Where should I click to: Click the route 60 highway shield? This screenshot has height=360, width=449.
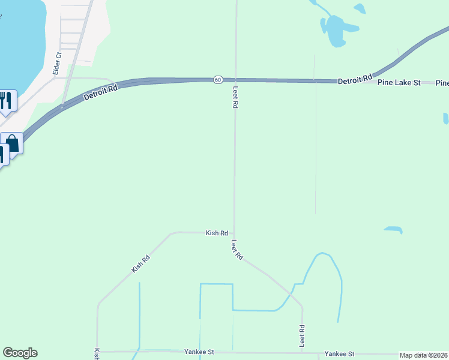218,79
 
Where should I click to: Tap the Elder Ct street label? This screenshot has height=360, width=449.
58,63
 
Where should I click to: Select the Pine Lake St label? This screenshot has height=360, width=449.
399,82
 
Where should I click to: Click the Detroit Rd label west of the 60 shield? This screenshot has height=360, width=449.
101,92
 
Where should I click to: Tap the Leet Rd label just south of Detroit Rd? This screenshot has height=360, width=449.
235,96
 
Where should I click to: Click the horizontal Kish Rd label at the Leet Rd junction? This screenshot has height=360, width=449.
217,233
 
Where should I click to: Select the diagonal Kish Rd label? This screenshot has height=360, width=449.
140,264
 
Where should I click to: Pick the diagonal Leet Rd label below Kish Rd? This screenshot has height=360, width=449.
237,250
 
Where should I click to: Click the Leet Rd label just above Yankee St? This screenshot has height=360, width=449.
302,336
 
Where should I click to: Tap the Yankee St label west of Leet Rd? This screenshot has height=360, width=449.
199,352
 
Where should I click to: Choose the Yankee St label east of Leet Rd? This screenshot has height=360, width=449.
339,354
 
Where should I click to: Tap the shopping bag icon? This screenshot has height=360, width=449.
12,144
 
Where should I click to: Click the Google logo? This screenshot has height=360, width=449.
20,353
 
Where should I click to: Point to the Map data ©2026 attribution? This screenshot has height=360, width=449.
424,355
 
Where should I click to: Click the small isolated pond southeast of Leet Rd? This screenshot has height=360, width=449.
393,229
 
